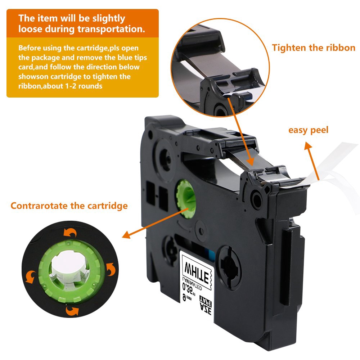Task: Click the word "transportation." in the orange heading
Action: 111,29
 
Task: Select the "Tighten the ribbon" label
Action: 314,48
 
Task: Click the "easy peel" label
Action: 309,130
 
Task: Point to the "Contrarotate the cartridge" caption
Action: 69,206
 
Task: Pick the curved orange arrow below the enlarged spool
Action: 72,310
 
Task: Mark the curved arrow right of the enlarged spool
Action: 111,269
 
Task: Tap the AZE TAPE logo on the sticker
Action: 206,305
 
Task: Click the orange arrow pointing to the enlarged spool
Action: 156,223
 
